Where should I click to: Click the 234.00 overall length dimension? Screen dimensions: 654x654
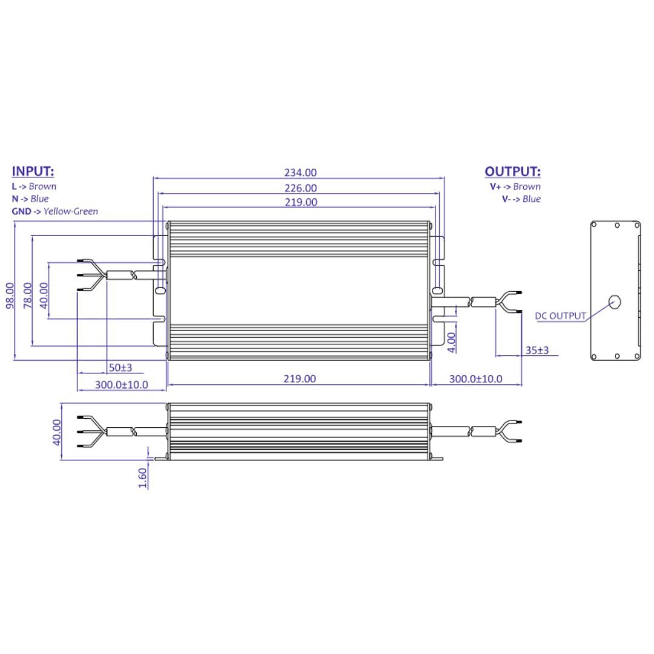[x=301, y=174]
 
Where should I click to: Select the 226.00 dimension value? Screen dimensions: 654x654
[x=301, y=188]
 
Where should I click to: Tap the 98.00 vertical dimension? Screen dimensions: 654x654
[x=10, y=295]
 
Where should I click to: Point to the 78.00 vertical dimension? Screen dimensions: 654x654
[x=27, y=295]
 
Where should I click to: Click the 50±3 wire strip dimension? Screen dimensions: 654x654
[x=120, y=367]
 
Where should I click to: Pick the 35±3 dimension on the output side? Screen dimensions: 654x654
[x=537, y=350]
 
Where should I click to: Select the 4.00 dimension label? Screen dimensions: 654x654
[x=452, y=342]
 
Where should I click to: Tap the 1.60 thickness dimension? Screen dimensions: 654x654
[x=143, y=477]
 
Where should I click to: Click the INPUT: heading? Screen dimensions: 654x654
[x=33, y=171]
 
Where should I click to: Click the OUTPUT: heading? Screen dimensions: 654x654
[x=512, y=172]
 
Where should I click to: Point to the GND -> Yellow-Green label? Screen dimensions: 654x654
[x=54, y=211]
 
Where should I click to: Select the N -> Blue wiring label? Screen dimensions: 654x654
[x=30, y=198]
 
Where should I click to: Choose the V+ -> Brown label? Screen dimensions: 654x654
[x=515, y=186]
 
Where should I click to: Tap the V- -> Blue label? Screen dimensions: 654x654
[x=520, y=199]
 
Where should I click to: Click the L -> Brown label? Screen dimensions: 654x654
[x=34, y=186]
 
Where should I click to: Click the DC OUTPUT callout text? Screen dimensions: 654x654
[x=560, y=315]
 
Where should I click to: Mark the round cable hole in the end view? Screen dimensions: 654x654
[x=615, y=301]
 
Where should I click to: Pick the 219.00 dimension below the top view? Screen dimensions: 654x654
[x=300, y=379]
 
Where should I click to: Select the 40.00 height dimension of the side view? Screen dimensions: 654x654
[x=57, y=432]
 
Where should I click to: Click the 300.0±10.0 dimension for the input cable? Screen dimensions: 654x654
[x=121, y=385]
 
